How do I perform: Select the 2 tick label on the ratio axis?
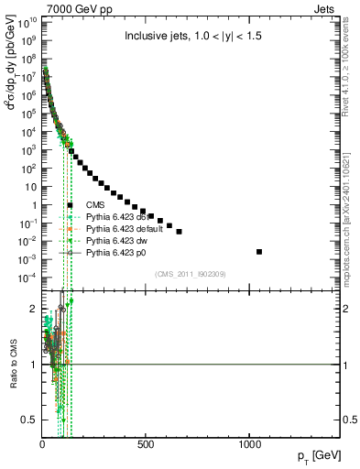coord(33,310)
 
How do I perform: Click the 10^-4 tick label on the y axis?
coord(27,278)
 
